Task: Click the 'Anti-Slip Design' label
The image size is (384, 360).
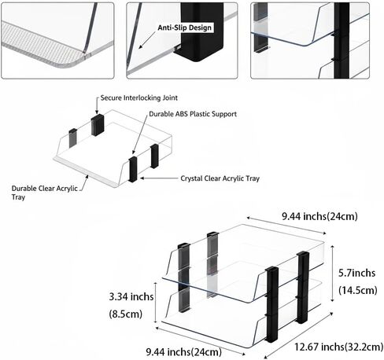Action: pos(184,28)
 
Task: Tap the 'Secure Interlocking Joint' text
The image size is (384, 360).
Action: pos(139,98)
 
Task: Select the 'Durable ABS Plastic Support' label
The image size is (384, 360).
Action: pos(193,114)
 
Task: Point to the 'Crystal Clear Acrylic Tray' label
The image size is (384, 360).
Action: pos(220,178)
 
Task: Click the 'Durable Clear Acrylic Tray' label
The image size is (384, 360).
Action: pos(45,193)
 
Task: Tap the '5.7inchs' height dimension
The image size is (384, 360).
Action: pos(356,273)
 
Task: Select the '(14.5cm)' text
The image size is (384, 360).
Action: pos(358,290)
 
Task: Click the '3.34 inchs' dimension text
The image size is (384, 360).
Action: pos(131,297)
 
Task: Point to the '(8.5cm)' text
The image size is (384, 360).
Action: pos(126,314)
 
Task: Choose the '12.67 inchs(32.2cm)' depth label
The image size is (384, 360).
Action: pos(338,347)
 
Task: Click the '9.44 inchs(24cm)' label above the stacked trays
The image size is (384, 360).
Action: pos(319,216)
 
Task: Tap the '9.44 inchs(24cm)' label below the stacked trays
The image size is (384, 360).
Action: pos(184,352)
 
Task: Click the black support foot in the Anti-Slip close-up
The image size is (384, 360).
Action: pos(199,32)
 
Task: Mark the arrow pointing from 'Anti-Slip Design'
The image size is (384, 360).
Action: pos(147,40)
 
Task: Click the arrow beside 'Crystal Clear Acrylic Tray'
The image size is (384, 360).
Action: pos(159,178)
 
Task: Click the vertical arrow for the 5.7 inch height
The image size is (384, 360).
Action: pos(333,274)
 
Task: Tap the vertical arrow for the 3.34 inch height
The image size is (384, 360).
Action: pos(156,303)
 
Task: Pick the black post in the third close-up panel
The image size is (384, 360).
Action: pos(342,41)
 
